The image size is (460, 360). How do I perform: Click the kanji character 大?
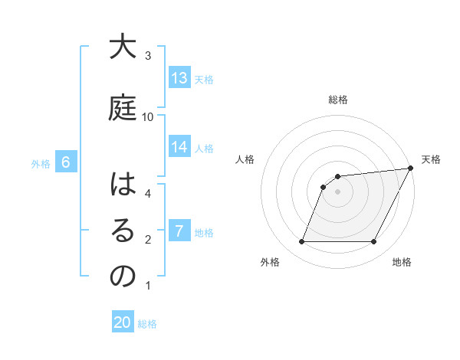pos(122,48)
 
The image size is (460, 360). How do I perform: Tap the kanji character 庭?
pos(122,107)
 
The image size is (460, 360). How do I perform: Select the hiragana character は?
pos(122,186)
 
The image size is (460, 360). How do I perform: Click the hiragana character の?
pos(122,277)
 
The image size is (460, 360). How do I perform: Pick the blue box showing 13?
pos(179,78)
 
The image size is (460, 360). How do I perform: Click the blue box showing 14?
pos(179,147)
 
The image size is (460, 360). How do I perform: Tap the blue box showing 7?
pos(179,231)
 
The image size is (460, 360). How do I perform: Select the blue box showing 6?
pos(67,162)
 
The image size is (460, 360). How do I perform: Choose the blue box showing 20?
pos(123,323)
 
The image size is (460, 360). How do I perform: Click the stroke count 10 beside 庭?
pos(148,116)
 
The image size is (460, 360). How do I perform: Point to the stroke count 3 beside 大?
pos(148,56)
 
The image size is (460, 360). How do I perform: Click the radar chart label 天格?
pos(431,159)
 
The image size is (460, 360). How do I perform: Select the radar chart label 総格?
pos(338,100)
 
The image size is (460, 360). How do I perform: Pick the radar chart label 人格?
pos(245,159)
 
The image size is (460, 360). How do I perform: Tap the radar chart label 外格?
pos(270,263)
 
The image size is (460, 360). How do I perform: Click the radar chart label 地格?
pos(402,263)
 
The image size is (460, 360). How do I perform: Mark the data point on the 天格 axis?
pos(410,169)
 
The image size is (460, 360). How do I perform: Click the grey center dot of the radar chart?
pos(337,191)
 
